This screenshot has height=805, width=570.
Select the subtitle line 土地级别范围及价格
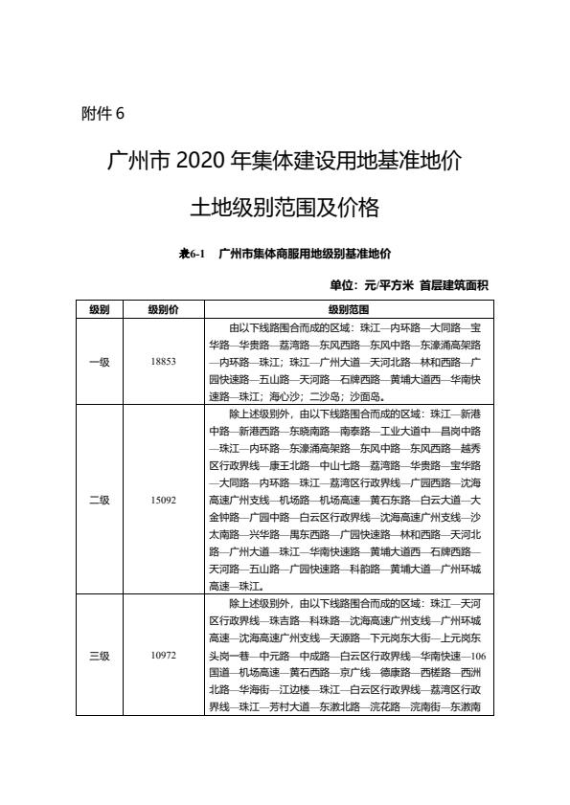285,207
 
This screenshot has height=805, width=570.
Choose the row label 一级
100,361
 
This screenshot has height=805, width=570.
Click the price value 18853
163,361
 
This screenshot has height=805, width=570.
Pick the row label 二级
100,499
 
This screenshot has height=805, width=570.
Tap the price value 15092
163,499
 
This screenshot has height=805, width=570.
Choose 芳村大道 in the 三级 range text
287,707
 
